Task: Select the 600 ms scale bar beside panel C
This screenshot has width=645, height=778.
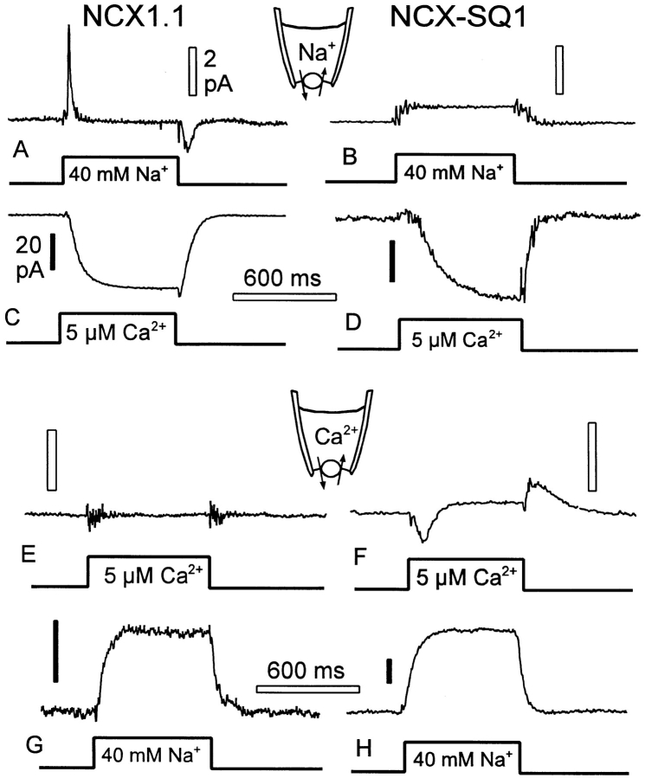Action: [x=284, y=297]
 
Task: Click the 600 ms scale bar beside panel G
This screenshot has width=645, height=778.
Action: [x=308, y=689]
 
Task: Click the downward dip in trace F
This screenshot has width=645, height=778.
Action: [x=422, y=537]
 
